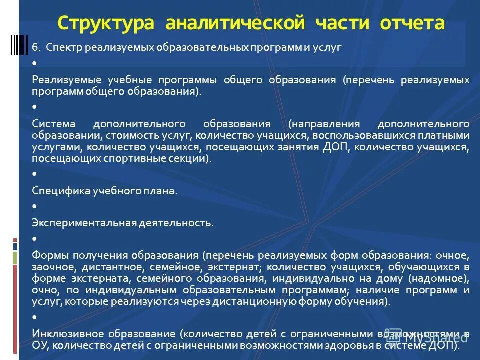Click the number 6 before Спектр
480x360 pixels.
click(x=35, y=48)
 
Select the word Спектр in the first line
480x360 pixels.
click(x=65, y=48)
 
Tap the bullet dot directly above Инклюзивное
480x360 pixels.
click(x=34, y=317)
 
